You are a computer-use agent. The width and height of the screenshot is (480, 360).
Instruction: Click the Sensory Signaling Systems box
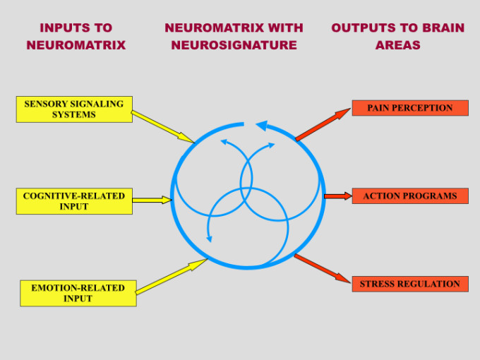point(74,109)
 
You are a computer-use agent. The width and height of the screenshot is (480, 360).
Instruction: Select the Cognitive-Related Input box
point(74,201)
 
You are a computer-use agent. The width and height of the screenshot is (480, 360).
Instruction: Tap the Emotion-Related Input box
point(78,293)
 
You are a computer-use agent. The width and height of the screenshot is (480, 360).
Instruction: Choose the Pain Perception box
point(409,108)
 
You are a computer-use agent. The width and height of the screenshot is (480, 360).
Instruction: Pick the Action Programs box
point(409,196)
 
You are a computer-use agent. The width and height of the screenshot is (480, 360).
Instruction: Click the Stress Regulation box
point(409,284)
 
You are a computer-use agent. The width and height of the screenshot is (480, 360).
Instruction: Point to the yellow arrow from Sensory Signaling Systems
point(162,126)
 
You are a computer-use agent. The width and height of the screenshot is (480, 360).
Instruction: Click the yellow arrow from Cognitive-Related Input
point(152,200)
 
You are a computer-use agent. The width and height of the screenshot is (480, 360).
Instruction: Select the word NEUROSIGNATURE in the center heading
point(234,44)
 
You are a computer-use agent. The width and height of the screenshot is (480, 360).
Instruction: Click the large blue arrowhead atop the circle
point(261,126)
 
